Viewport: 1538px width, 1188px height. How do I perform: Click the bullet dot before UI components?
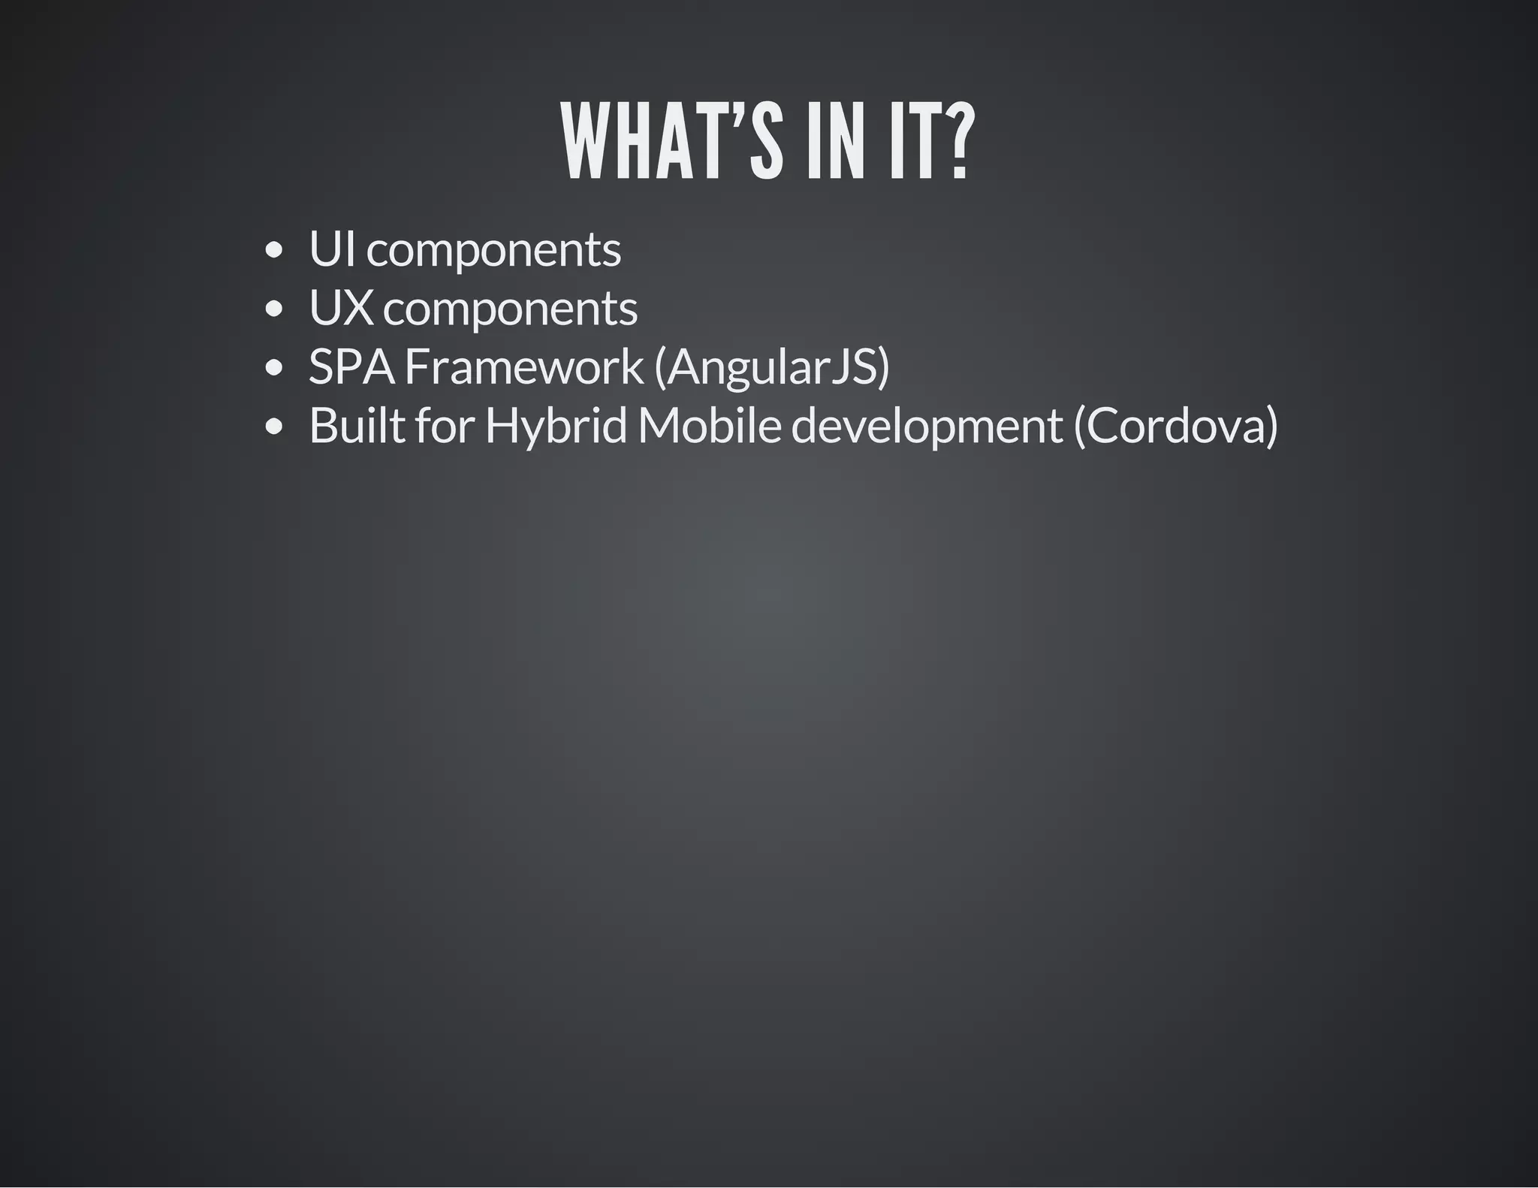[x=274, y=249]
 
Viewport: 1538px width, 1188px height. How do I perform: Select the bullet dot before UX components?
[x=274, y=309]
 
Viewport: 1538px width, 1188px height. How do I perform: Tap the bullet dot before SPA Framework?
[x=274, y=368]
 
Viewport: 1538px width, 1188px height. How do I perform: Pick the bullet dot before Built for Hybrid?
[x=274, y=427]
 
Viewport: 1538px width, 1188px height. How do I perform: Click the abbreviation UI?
[x=331, y=249]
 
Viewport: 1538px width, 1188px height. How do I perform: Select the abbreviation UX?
[x=340, y=308]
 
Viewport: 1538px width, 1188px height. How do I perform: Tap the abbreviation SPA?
[x=351, y=367]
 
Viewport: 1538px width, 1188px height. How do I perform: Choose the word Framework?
[x=524, y=367]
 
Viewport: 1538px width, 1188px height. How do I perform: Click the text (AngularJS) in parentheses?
[x=772, y=368]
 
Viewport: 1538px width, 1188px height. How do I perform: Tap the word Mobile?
[x=710, y=426]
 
